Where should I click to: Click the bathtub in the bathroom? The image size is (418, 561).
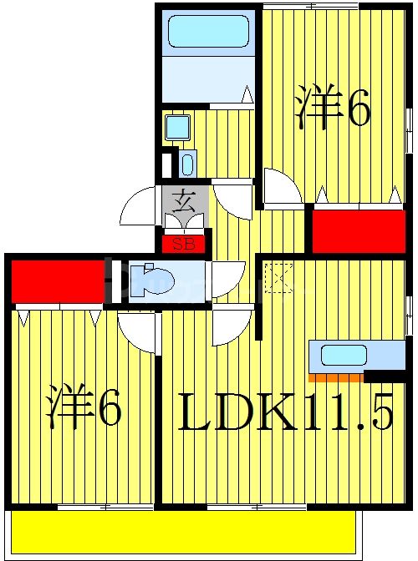pos(208,32)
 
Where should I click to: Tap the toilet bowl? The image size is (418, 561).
pos(155,280)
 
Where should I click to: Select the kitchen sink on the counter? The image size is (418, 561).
pos(344,355)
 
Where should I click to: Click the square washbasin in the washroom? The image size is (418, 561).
pos(177,127)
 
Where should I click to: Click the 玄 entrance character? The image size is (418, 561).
pos(183,200)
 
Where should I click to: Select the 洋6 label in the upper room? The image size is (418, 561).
pos(332,110)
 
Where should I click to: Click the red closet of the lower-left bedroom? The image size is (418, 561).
pos(57,281)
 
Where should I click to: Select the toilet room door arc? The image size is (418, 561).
pos(227,280)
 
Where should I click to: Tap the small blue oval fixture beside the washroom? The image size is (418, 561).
pos(186,163)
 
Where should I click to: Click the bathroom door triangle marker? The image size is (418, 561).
pos(247,94)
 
